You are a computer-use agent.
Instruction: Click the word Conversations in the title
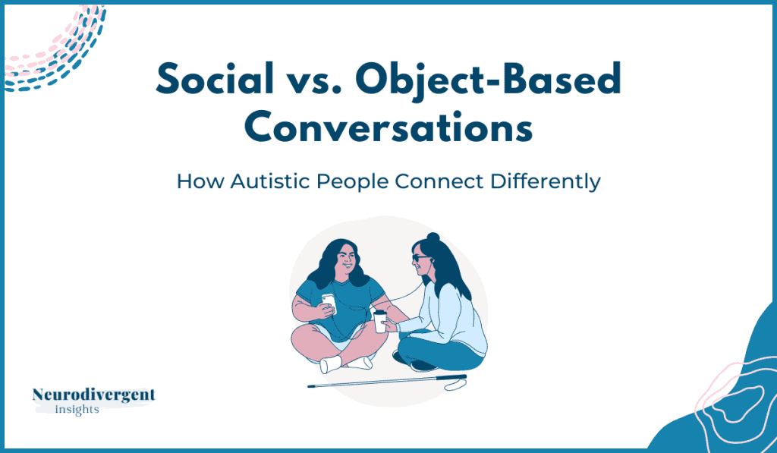click(388, 127)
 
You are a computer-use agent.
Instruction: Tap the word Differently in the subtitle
click(545, 182)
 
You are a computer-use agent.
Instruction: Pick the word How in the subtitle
click(200, 181)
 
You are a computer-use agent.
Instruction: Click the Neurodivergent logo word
click(93, 395)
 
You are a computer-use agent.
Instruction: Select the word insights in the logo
click(77, 410)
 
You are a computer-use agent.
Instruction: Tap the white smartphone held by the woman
click(329, 303)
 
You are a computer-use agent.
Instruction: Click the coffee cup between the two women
click(380, 321)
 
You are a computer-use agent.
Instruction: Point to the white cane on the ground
click(387, 382)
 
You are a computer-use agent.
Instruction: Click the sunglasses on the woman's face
click(420, 258)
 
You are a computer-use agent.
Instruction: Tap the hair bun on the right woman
click(433, 237)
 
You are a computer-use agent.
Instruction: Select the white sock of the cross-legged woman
click(331, 364)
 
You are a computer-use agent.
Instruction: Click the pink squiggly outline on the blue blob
click(734, 407)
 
